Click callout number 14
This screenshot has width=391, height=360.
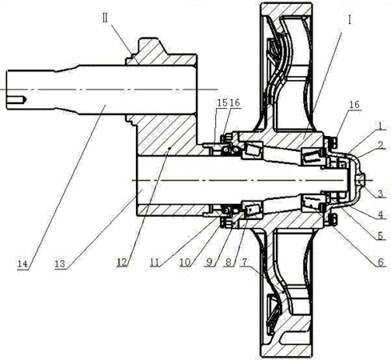tap(22, 264)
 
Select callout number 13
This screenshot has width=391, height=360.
tap(60, 264)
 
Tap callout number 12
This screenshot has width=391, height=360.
tap(122, 262)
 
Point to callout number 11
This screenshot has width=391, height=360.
tap(154, 262)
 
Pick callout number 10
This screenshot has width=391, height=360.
tap(185, 262)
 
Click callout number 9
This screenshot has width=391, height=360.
tap(209, 262)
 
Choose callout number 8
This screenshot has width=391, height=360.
tap(229, 262)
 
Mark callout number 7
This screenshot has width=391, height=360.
tap(245, 262)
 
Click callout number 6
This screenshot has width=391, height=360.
tap(381, 262)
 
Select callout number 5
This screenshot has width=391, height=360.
tap(380, 235)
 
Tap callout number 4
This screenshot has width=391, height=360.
tap(381, 214)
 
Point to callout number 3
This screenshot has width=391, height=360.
tap(381, 194)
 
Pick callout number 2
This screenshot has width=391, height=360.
tap(381, 145)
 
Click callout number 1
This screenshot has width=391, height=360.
tap(381, 126)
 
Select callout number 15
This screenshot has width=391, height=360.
tap(222, 102)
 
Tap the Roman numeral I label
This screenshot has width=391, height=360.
tap(349, 20)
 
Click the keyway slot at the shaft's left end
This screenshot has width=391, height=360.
tap(17, 100)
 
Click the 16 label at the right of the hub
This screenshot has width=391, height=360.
tap(354, 105)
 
